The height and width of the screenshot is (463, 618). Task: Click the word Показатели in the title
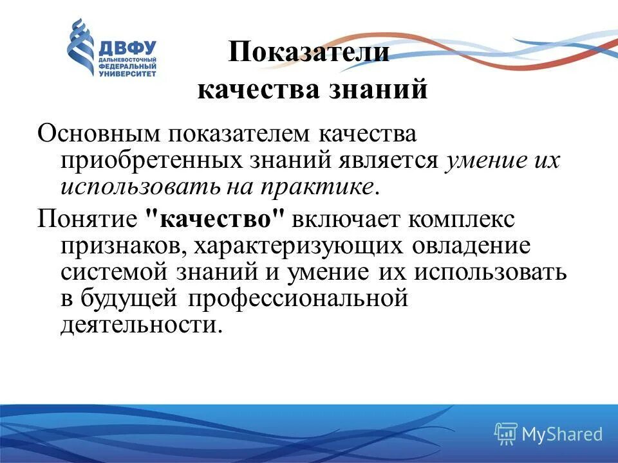(309, 52)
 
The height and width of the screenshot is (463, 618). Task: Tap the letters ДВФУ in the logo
(127, 48)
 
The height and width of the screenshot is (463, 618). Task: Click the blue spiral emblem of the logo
(80, 47)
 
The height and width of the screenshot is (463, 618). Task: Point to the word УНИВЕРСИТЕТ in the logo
(127, 74)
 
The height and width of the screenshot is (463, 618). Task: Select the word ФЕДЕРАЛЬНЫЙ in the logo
(127, 66)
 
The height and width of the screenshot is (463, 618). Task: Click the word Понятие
(87, 219)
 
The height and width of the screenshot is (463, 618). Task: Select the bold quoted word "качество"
(216, 219)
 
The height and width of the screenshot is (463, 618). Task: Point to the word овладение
(474, 245)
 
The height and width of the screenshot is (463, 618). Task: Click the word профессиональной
(299, 298)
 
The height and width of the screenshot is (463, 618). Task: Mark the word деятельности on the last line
(142, 324)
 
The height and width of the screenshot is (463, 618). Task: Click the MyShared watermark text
(562, 434)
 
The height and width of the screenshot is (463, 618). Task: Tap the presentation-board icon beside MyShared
(506, 433)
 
